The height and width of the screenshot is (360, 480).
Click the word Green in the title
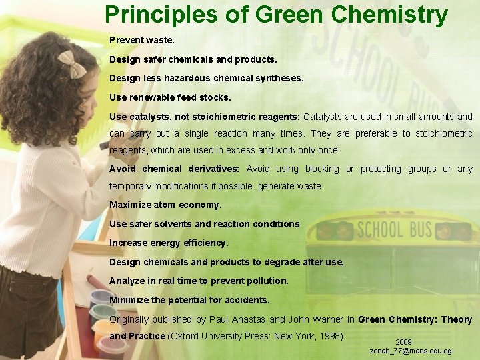click(291, 15)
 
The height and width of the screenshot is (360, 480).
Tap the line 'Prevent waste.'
click(142, 40)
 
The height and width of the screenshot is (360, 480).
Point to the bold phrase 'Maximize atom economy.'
click(165, 205)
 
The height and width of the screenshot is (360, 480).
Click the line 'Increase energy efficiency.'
click(169, 243)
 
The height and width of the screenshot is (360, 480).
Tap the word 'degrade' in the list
click(269, 262)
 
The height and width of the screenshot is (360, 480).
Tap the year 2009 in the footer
click(404, 342)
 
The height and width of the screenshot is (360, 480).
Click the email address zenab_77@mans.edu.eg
click(411, 351)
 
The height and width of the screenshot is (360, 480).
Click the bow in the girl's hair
click(71, 64)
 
